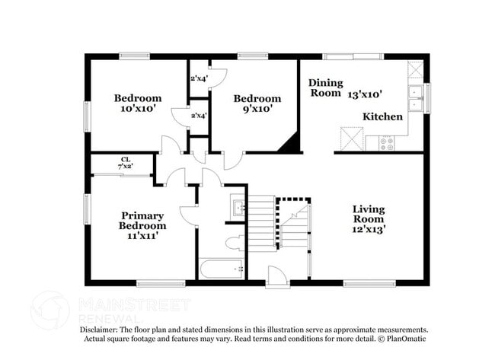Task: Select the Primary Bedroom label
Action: click(142, 221)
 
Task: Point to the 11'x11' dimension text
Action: click(142, 237)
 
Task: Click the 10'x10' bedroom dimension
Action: click(138, 109)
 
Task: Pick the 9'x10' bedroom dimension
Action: click(257, 109)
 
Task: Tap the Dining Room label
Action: click(325, 88)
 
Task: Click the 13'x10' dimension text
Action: click(365, 94)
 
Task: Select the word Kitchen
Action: click(382, 116)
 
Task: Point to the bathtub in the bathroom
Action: click(222, 269)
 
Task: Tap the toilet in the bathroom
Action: click(235, 244)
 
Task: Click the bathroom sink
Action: click(237, 208)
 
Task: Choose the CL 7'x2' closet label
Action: click(123, 162)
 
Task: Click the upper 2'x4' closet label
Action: click(198, 78)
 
